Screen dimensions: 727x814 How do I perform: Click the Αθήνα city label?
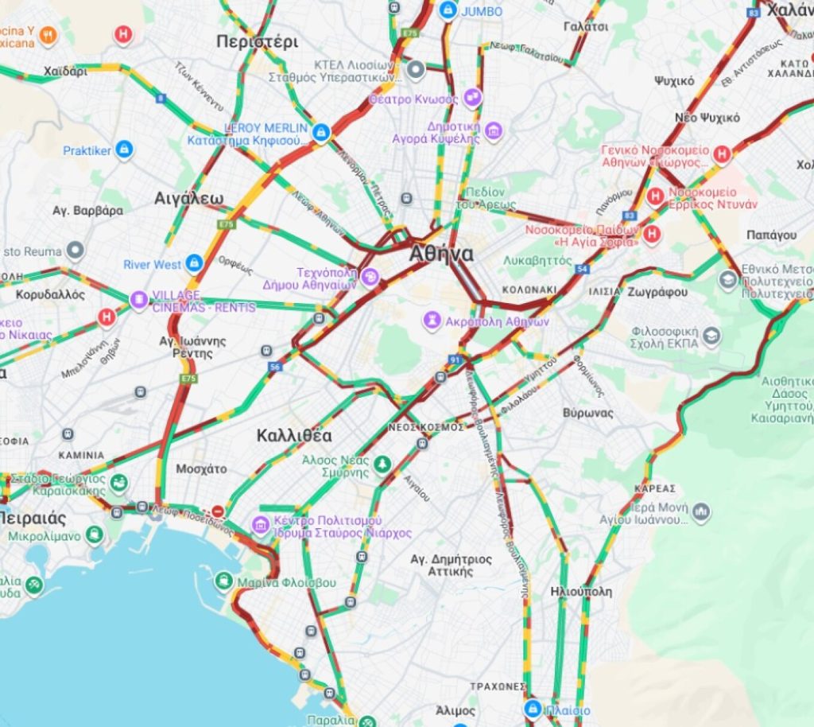coord(441,255)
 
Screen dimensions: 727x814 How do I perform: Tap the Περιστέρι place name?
coord(257,41)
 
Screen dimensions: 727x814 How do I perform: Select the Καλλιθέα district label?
coord(294,436)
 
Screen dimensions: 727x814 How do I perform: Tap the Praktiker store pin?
coord(123,150)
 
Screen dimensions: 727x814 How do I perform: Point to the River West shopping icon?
coord(194,263)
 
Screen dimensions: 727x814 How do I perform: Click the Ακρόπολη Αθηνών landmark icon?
coord(432,321)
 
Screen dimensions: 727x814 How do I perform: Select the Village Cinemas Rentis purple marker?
coord(139,300)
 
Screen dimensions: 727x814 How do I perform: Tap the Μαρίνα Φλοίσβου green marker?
coord(225,581)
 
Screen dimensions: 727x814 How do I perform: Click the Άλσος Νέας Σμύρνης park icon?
coord(382,464)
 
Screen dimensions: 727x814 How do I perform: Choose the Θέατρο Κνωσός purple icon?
coord(473,98)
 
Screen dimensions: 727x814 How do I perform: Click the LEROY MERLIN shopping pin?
coord(321,132)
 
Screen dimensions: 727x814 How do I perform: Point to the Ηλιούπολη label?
coord(581,592)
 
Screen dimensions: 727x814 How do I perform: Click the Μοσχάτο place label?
coord(201,468)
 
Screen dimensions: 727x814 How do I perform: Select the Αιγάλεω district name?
coord(189,198)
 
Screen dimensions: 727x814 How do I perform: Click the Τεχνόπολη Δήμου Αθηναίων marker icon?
coord(370,277)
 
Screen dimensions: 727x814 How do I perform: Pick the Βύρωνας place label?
coord(587,413)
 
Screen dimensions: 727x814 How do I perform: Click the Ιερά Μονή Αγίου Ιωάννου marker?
coord(701,511)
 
